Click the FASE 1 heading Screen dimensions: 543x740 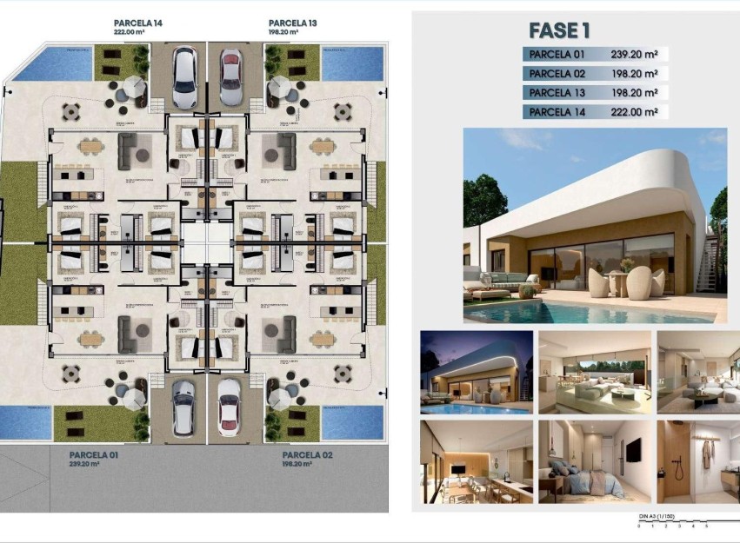(559, 31)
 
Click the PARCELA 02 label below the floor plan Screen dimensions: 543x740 (308, 454)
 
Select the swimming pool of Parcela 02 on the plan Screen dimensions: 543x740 (352, 421)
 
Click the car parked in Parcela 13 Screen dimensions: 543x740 (230, 76)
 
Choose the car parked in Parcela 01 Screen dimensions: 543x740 (183, 407)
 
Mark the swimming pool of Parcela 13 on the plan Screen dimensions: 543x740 (352, 63)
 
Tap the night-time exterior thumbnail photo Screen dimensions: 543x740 (476, 371)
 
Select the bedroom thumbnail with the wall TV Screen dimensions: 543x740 (594, 461)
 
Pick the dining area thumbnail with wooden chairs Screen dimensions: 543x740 (476, 461)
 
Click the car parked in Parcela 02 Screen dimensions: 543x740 (229, 407)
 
